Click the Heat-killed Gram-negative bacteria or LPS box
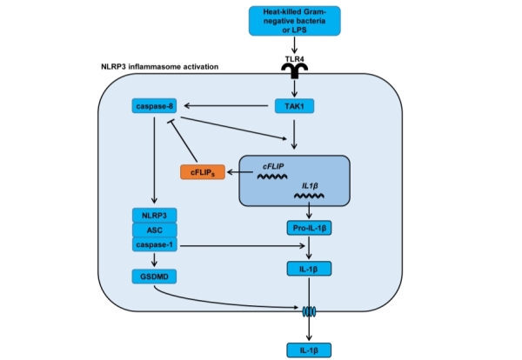pyautogui.click(x=297, y=19)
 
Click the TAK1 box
pyautogui.click(x=297, y=105)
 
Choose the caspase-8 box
pyautogui.click(x=153, y=105)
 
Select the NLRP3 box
pyautogui.click(x=153, y=214)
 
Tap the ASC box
pyautogui.click(x=153, y=230)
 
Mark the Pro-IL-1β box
pyautogui.click(x=310, y=229)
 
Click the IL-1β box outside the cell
pyautogui.click(x=310, y=350)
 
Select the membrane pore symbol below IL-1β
pyautogui.click(x=310, y=309)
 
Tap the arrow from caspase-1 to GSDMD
pyautogui.click(x=153, y=260)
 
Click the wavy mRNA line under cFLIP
pyautogui.click(x=271, y=175)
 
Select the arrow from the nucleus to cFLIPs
pyautogui.click(x=240, y=172)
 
